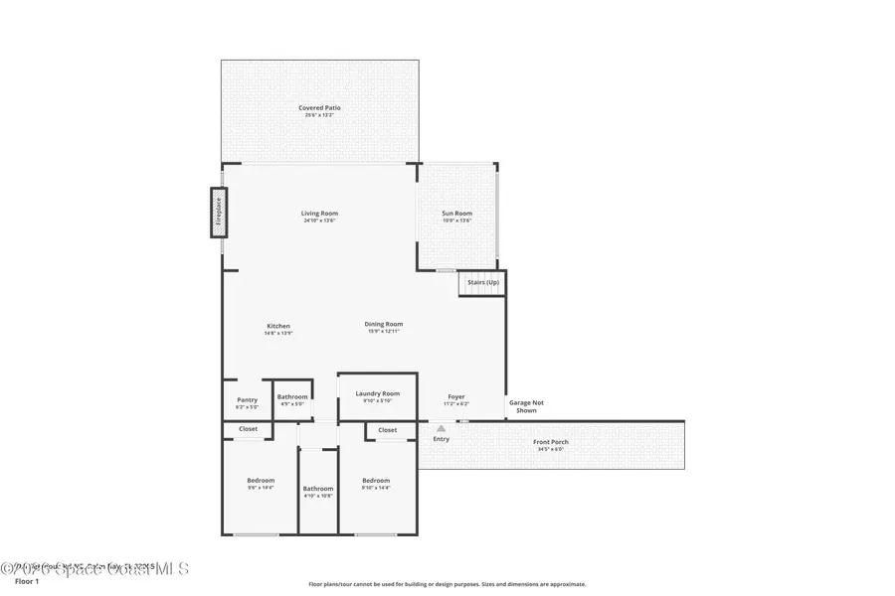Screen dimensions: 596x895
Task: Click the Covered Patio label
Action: [x=319, y=107]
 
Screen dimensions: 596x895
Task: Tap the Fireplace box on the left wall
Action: [x=218, y=213]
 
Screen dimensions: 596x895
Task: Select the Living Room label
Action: [x=319, y=214]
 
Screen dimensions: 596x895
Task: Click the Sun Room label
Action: [x=456, y=214]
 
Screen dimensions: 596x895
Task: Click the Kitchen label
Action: [x=277, y=327]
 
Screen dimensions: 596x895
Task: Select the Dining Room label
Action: [x=383, y=324]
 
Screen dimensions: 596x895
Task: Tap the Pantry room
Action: [x=247, y=400]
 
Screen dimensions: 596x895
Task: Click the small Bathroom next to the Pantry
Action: [x=292, y=398]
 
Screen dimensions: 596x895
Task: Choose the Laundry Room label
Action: [x=377, y=394]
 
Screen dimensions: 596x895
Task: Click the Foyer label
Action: [x=455, y=397]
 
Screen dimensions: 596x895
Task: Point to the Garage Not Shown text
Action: [x=526, y=405]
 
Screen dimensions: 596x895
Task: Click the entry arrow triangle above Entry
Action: [x=441, y=428]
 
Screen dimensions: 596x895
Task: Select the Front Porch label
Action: [x=550, y=442]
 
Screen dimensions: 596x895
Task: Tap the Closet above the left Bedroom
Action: [x=248, y=429]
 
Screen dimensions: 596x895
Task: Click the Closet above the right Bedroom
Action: [x=387, y=430]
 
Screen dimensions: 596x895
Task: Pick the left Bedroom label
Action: [x=260, y=481]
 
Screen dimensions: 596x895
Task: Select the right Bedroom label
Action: [x=376, y=481]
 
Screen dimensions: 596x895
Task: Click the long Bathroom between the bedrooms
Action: [x=318, y=489]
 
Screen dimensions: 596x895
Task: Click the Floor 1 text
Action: [x=27, y=581]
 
